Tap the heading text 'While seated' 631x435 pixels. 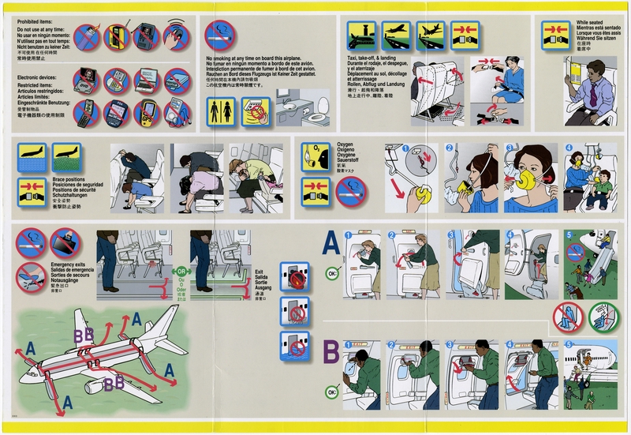click(x=592, y=23)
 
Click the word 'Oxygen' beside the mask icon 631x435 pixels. click(x=346, y=145)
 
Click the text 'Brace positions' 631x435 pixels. click(x=70, y=180)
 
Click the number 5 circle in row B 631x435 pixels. click(x=570, y=344)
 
